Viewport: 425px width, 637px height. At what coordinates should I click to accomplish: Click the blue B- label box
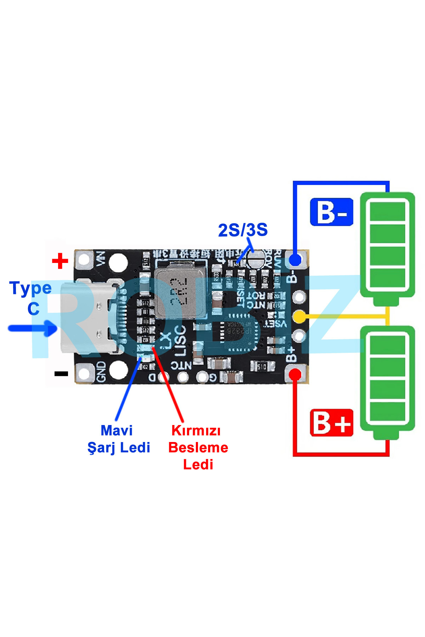[x=331, y=212]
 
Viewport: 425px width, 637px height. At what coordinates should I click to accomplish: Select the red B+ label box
[x=331, y=423]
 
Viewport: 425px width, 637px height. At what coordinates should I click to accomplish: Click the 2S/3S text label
[x=243, y=230]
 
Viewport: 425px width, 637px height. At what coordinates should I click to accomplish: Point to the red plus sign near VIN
[x=60, y=261]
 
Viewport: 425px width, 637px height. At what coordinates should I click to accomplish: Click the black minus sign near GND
[x=61, y=374]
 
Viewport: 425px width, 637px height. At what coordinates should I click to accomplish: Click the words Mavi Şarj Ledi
[x=119, y=439]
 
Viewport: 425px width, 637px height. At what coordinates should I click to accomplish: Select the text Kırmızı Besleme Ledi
[x=198, y=448]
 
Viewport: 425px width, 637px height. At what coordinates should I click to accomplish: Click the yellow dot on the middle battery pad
[x=300, y=316]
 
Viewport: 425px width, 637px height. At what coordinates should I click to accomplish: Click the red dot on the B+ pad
[x=295, y=375]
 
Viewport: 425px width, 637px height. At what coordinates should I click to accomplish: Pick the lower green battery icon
[x=387, y=381]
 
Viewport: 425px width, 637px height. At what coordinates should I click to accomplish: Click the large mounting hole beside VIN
[x=118, y=262]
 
